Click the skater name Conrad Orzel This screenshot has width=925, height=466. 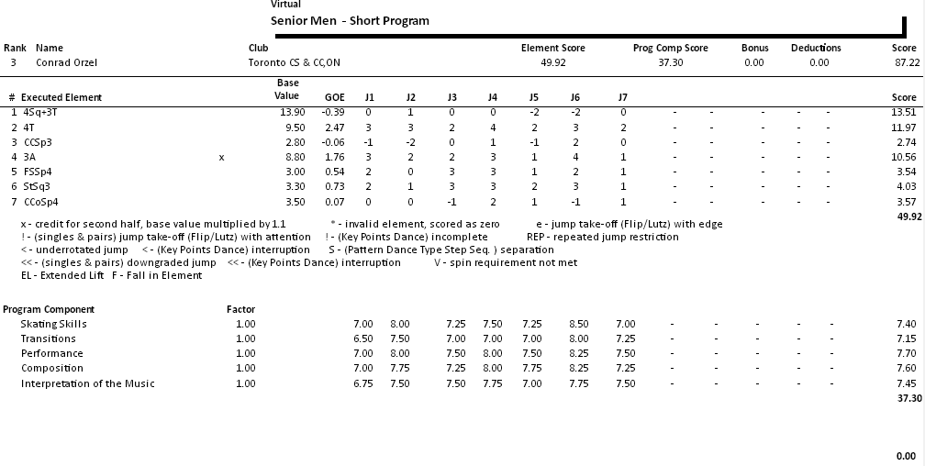point(66,62)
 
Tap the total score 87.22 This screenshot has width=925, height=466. point(906,62)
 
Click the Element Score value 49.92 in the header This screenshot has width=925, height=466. point(553,62)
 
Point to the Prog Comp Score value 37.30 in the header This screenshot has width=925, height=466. point(670,62)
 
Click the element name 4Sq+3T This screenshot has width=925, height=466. point(42,112)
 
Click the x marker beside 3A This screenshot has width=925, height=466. point(221,158)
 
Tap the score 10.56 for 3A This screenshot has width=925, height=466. point(904,158)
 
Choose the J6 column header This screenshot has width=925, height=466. point(574,97)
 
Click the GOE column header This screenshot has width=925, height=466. point(335,97)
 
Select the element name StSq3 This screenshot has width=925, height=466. point(38,187)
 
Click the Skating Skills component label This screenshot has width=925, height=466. point(53,324)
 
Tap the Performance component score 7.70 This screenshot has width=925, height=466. point(905,353)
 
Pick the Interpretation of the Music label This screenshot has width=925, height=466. point(87,383)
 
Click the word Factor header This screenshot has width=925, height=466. point(240,309)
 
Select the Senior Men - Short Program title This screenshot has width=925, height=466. point(350,20)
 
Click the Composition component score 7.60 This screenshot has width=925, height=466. point(905,368)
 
